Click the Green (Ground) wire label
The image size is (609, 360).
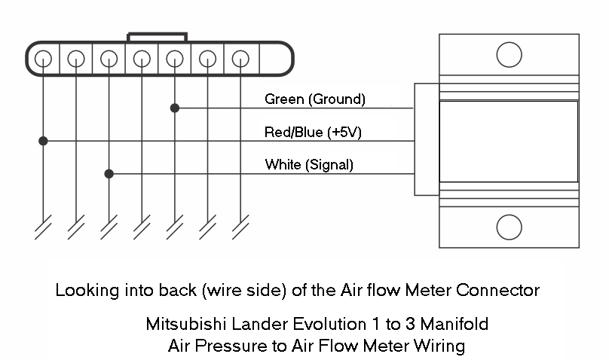[x=314, y=99]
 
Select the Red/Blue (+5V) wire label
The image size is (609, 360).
[x=314, y=133]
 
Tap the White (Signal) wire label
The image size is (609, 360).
[x=309, y=165]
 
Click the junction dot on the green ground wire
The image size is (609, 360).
[x=175, y=108]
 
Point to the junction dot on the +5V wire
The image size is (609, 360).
[x=44, y=141]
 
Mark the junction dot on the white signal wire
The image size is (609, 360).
[x=109, y=174]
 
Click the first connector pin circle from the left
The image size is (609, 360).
[x=44, y=58]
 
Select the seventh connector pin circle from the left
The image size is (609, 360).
[x=240, y=58]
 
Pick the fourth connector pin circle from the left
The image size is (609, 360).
[x=142, y=58]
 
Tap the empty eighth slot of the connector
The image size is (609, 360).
[x=274, y=58]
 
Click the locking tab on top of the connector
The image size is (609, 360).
[x=158, y=37]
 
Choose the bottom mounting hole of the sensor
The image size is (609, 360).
[x=510, y=226]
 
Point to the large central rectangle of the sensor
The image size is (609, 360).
[x=509, y=141]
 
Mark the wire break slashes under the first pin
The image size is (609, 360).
[x=44, y=227]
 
